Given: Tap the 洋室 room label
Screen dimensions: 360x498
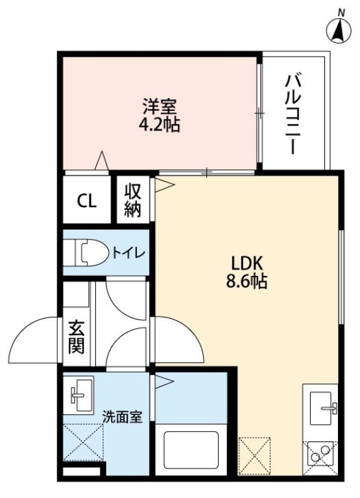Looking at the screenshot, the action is point(159,106).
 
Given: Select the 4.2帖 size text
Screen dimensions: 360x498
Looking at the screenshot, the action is point(159,125).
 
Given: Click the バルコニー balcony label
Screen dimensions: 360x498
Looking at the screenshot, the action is point(292,114).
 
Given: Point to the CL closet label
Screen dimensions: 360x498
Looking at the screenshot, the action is point(87,201).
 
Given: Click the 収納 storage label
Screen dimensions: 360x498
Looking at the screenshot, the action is point(132,201).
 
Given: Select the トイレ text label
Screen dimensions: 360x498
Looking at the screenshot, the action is point(128,253).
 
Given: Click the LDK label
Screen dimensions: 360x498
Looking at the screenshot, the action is point(246,264).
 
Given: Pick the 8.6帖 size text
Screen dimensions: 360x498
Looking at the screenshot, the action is point(246,281).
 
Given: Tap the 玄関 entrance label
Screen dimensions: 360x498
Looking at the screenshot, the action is point(77,337).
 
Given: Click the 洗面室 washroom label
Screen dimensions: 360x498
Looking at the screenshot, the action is point(122,417).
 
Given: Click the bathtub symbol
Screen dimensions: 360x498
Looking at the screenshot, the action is point(191,449).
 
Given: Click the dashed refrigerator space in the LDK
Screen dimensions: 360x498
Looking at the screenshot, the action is point(254,456).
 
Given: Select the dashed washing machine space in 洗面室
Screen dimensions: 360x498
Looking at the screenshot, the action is point(84,442).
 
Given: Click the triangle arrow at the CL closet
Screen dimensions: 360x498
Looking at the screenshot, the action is point(101,160).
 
